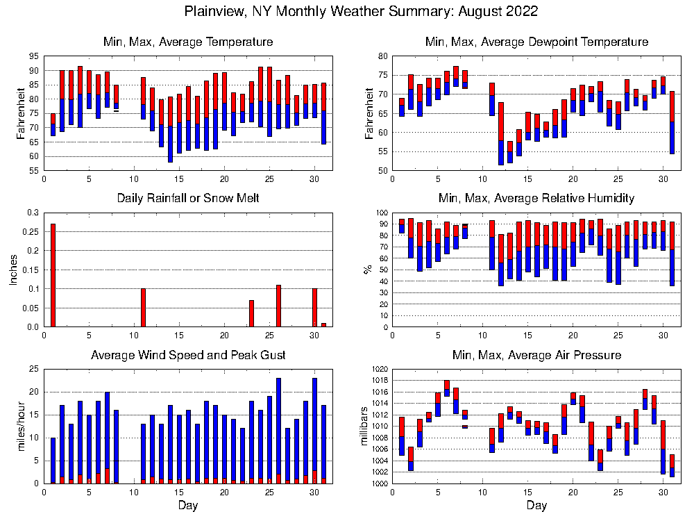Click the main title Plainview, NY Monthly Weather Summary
(x=361, y=12)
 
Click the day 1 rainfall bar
(x=53, y=275)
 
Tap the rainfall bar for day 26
(x=278, y=306)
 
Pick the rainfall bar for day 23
(x=251, y=313)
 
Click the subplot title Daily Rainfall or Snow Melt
(x=187, y=198)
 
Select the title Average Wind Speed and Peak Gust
(x=188, y=355)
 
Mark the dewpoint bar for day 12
(x=501, y=133)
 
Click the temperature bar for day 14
(x=170, y=129)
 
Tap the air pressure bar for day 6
(x=447, y=388)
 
